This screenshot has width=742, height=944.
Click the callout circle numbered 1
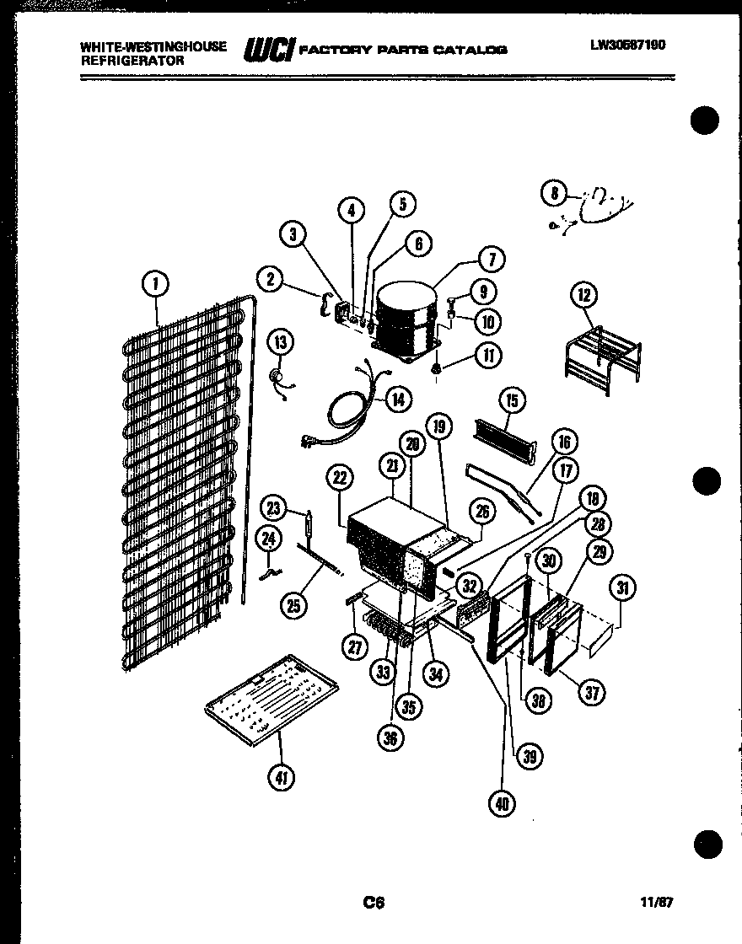click(154, 286)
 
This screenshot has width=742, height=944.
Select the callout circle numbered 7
click(491, 259)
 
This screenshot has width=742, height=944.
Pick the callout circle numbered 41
click(282, 778)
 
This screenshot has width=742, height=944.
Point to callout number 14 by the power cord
click(399, 399)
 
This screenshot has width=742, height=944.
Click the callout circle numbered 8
click(554, 194)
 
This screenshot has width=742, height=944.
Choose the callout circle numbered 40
click(503, 804)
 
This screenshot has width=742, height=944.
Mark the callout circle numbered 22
click(339, 478)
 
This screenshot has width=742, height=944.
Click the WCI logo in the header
click(268, 50)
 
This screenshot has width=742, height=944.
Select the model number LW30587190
click(627, 45)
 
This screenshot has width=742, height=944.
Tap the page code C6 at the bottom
click(374, 903)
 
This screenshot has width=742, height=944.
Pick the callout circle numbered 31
click(623, 589)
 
